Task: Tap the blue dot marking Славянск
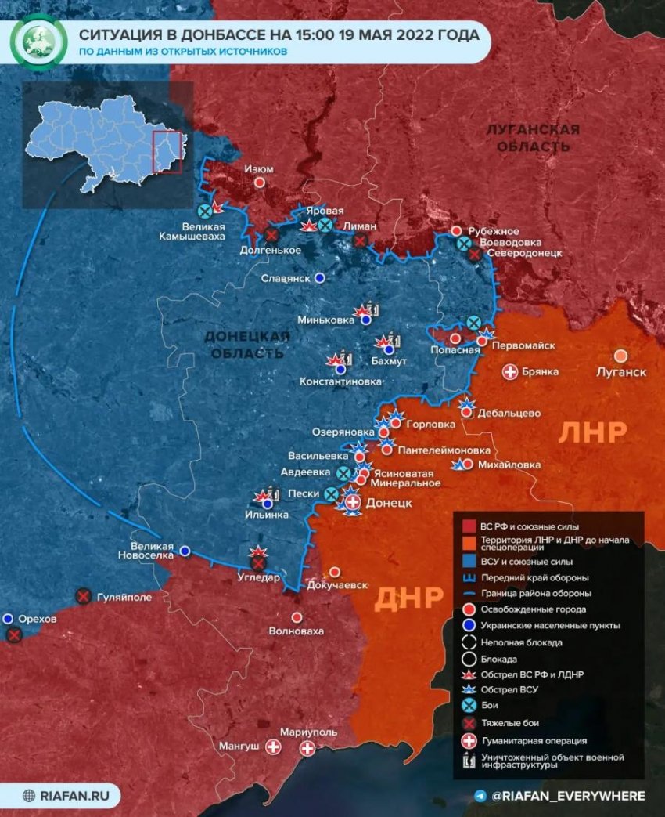[x=319, y=278]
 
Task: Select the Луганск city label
[x=621, y=371]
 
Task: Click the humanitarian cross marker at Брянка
[x=510, y=372]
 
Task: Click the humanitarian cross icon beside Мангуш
[x=274, y=748]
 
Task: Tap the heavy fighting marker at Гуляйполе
[x=83, y=597]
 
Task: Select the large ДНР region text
[x=409, y=598]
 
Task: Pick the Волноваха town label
[x=296, y=631]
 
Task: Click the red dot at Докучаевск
[x=335, y=572]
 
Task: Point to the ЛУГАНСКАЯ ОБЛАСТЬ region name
[x=532, y=138]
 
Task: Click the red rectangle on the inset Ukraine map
[x=167, y=152]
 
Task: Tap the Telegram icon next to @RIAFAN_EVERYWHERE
[x=480, y=796]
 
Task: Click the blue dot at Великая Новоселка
[x=185, y=551]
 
